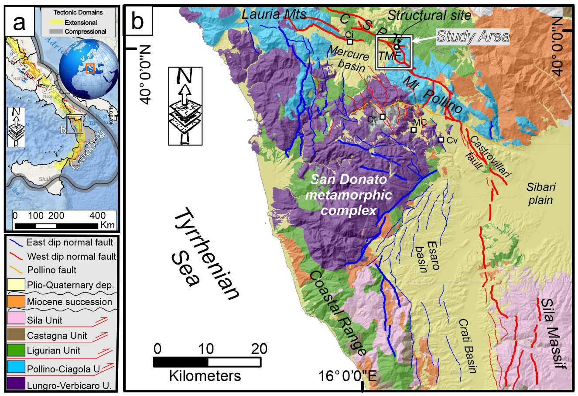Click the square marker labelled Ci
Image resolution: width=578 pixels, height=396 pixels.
click(350, 41)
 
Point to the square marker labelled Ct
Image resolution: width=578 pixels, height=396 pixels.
click(383, 117)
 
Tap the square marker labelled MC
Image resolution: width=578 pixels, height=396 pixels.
click(414, 130)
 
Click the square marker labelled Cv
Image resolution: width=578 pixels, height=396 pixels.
click(441, 139)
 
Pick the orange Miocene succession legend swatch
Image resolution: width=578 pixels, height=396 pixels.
click(16, 302)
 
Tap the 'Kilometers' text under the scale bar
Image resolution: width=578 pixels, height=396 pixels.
click(205, 375)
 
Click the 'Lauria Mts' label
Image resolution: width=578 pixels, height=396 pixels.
click(274, 15)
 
